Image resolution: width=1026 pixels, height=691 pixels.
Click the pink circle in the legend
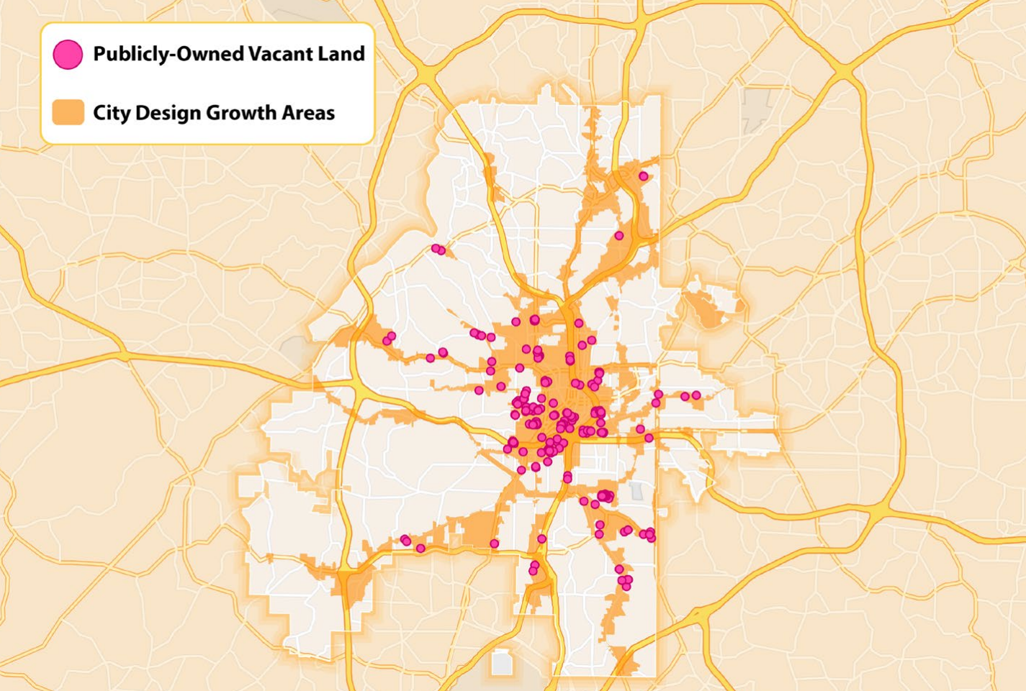point(68,55)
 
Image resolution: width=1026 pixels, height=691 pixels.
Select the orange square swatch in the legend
point(68,113)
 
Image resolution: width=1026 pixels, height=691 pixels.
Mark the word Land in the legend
point(342,54)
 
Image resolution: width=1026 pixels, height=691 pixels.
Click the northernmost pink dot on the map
point(643,176)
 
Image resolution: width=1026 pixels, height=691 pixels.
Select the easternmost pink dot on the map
point(696,396)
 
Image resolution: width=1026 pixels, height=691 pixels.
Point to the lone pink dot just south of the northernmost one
point(618,236)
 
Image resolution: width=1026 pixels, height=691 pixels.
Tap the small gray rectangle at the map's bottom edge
point(502,663)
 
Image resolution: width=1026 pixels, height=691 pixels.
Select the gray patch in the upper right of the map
point(755,108)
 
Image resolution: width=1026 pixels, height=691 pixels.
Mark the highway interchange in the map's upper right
point(844,72)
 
